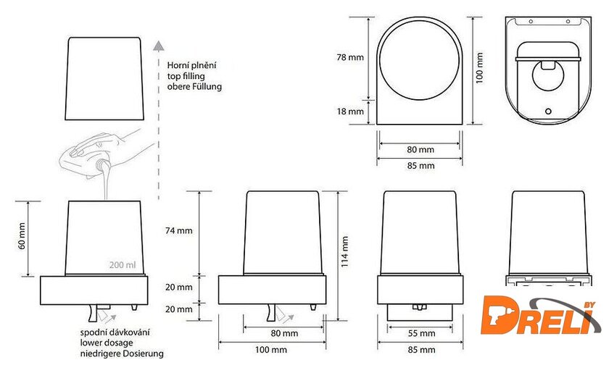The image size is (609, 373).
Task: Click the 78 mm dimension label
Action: (x=350, y=57)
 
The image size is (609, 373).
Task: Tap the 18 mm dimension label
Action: (x=350, y=112)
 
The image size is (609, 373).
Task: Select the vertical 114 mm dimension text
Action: (x=344, y=251)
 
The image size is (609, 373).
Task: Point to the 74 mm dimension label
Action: (x=178, y=230)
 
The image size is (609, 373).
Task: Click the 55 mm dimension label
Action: (x=421, y=333)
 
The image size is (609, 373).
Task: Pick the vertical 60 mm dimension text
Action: (x=22, y=236)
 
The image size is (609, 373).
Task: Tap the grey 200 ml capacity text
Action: (x=123, y=264)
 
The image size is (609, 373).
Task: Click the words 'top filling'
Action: (x=186, y=76)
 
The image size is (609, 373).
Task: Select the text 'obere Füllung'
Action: (x=194, y=87)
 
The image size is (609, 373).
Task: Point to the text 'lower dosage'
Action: (x=107, y=343)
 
